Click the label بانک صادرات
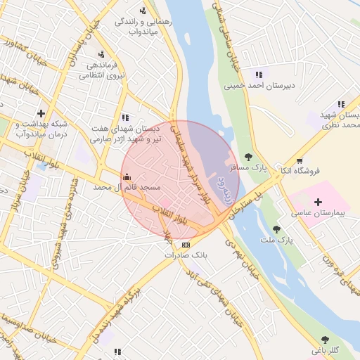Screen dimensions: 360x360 pos(185,256)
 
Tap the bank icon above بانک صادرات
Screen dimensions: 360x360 pos(185,245)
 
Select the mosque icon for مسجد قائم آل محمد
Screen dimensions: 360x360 pos(126,176)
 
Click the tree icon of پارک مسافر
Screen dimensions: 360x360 pos(247,157)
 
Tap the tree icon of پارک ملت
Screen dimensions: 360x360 pos(276,229)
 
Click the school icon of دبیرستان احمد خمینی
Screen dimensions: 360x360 pos(259,75)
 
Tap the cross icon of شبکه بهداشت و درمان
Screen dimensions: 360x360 pos(41,112)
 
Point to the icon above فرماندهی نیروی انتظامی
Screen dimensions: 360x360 pos(102,54)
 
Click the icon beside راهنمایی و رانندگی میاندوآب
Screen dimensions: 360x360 pos(143,11)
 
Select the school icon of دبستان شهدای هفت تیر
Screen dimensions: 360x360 pos(124,117)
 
